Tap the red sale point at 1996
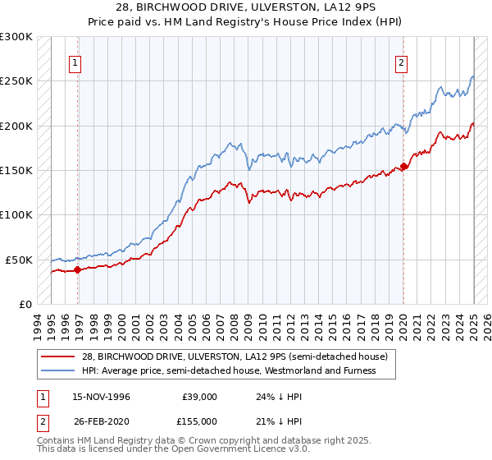coord(78,269)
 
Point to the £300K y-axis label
coord(16,37)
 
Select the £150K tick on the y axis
coord(16,170)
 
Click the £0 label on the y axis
coord(25,304)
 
